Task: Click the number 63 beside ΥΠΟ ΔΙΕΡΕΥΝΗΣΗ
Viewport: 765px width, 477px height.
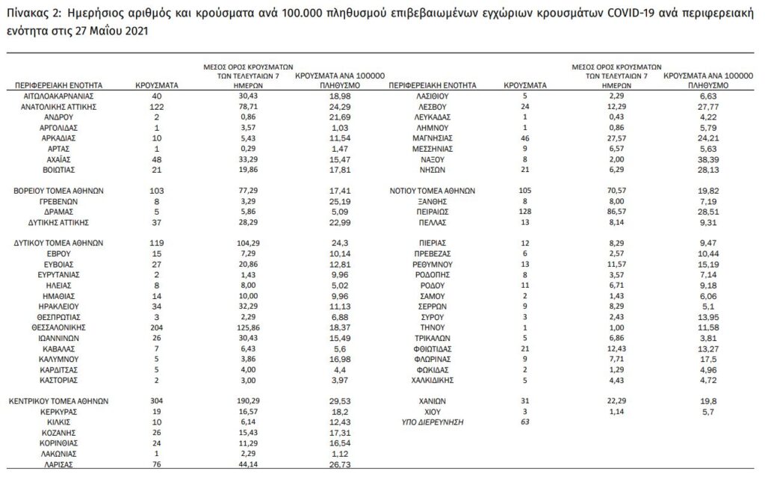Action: [x=525, y=422]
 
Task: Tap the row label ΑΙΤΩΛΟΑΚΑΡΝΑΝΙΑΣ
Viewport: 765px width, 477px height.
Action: [x=58, y=96]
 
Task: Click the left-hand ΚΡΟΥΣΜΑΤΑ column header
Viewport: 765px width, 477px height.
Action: [x=155, y=86]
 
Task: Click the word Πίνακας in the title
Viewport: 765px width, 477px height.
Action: [x=25, y=14]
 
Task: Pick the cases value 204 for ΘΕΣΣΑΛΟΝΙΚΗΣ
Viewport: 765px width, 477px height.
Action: [x=155, y=327]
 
